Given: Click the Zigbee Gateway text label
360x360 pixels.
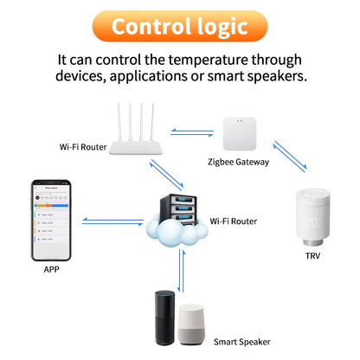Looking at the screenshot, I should tap(239, 162).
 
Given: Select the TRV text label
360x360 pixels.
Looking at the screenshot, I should tap(312, 257).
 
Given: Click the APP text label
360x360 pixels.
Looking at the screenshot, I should tap(51, 269).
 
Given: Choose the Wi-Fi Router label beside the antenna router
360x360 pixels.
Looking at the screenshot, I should tap(83, 146).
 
